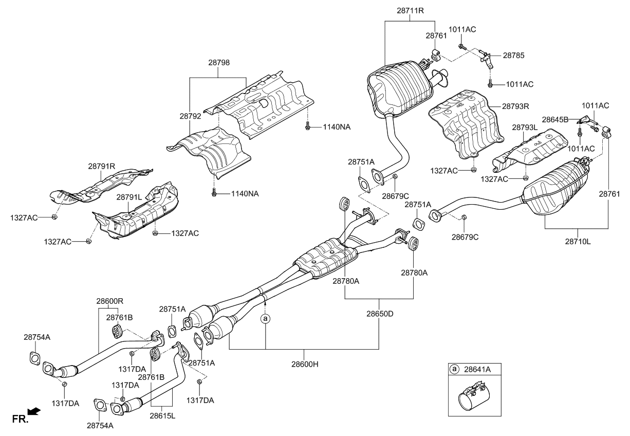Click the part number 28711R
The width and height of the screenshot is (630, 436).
[410, 10]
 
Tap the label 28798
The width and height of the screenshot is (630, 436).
[219, 63]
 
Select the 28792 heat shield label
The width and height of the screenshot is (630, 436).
[190, 117]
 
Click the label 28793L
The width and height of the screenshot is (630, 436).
[524, 126]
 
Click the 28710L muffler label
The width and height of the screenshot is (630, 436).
[578, 240]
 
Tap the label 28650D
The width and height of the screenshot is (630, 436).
[380, 313]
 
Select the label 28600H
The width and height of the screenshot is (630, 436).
[305, 364]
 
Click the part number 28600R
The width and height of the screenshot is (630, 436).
[108, 300]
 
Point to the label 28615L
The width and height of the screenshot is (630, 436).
[162, 415]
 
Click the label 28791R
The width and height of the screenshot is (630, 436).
[101, 166]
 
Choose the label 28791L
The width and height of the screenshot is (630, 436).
[129, 197]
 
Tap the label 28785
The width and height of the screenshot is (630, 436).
[514, 55]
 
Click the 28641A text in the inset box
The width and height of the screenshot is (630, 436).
[478, 369]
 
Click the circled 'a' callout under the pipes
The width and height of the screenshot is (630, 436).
[266, 319]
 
